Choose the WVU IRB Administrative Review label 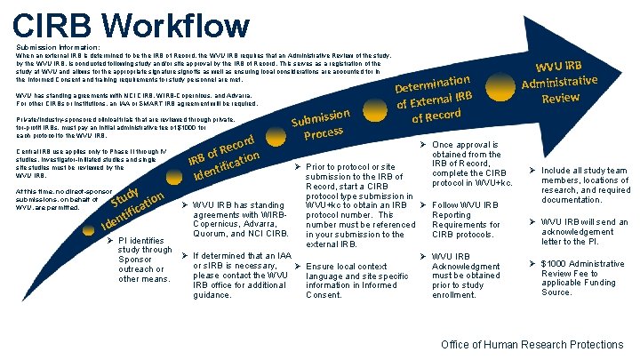tap(560, 78)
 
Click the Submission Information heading tap(58, 47)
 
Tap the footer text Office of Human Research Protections tap(532, 344)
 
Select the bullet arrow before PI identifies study tap(110, 240)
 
